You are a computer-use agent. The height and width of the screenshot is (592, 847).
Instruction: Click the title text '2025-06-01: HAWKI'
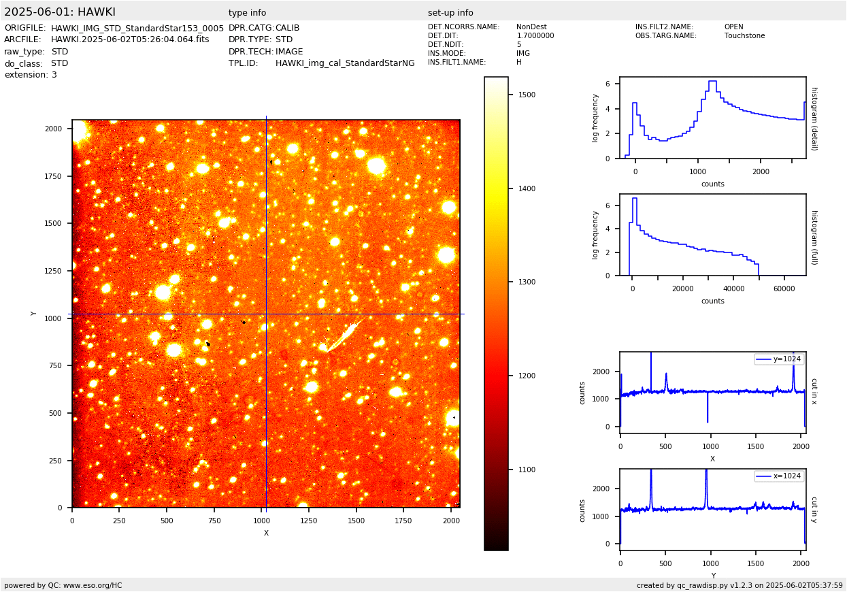point(60,12)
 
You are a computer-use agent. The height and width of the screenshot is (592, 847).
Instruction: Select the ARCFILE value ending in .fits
point(130,39)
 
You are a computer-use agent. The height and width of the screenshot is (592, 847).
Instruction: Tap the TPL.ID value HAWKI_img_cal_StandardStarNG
point(345,63)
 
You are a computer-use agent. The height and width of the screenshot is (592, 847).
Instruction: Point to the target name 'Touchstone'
point(744,36)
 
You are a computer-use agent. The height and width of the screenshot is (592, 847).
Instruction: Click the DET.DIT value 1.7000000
point(535,36)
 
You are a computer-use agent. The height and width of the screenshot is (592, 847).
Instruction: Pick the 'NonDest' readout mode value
point(531,27)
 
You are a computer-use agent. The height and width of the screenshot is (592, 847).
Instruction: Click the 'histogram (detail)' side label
point(814,118)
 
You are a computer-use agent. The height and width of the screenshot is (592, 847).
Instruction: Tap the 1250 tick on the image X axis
point(309,521)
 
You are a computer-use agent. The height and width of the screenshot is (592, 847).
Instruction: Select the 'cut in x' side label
point(814,391)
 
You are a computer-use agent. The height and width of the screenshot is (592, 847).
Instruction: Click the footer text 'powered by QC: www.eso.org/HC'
point(63,585)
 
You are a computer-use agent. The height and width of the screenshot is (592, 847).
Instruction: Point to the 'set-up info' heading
point(450,13)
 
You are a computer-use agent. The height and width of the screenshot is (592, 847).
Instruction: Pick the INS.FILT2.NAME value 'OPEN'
point(733,27)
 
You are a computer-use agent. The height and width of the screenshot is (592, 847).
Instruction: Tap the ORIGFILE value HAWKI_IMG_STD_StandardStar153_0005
point(137,28)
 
